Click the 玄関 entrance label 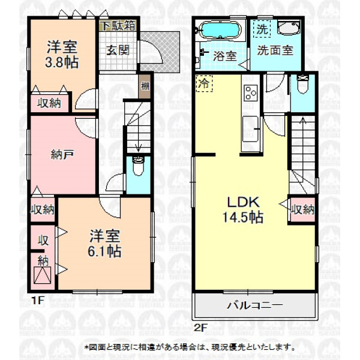pos(118,50)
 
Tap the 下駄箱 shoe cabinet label pos(118,26)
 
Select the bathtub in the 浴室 pos(220,31)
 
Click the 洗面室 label pos(275,50)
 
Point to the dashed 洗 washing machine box pos(262,29)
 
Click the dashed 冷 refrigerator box pos(204,83)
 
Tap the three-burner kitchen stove pos(250,93)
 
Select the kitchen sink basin pos(250,129)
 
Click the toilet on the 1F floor pos(138,166)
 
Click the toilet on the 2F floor pos(303,84)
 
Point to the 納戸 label pos(62,155)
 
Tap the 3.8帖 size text pos(62,62)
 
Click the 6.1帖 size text pos(104,251)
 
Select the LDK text pos(244,202)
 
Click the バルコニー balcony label pos(254,305)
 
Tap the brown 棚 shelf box pos(145,87)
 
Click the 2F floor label pos(200,328)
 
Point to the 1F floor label pos(37,301)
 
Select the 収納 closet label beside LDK pos(302,209)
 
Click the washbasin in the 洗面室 pos(289,28)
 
